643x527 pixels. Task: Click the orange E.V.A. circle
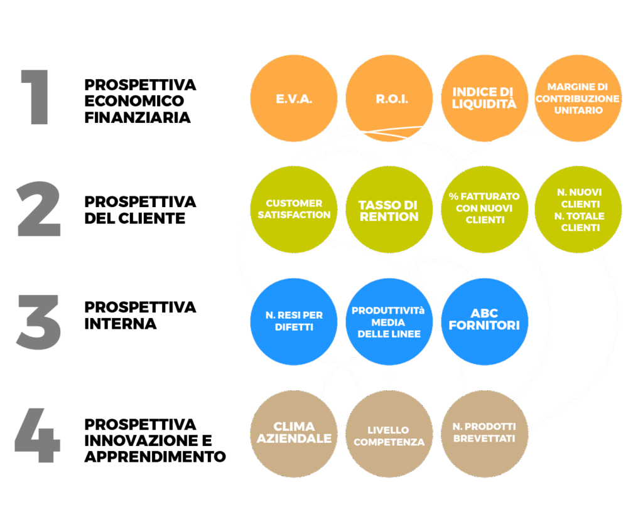[x=293, y=99]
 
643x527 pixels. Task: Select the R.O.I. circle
[x=389, y=99]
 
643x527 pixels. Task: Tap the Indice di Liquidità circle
[x=484, y=99]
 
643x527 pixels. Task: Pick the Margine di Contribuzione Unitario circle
[x=578, y=99]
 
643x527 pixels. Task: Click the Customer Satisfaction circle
[x=293, y=210]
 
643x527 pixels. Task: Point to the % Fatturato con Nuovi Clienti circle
[x=484, y=210]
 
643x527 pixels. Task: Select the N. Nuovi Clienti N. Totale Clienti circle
[x=578, y=210]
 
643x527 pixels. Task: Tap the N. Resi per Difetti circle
[x=293, y=322]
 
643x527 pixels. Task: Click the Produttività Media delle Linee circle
[x=389, y=322]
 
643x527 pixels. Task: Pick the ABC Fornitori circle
[x=484, y=322]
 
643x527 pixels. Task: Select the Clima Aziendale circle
[x=293, y=434]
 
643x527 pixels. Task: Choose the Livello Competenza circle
[x=389, y=434]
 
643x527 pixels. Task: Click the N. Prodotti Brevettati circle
[x=484, y=434]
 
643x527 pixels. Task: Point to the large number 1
[x=36, y=97]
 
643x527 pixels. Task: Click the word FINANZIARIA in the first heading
[x=138, y=117]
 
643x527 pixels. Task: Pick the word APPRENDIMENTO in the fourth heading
[x=155, y=456]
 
